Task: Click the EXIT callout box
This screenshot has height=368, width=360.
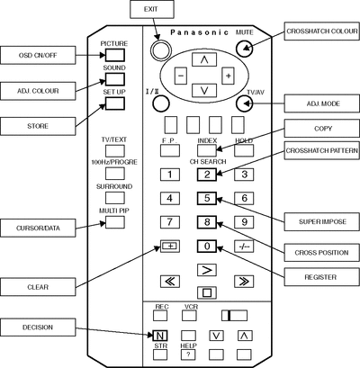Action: coord(152,9)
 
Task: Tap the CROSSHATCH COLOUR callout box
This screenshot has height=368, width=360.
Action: coord(321,31)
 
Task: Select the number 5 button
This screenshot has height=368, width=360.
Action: coord(207,198)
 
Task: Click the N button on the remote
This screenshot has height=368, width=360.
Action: coord(160,336)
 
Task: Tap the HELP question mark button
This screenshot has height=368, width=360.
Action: coord(188,355)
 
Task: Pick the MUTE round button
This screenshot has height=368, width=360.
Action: coord(245,48)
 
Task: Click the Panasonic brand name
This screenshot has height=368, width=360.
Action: coord(200,32)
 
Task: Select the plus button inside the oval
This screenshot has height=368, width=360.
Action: coord(228,76)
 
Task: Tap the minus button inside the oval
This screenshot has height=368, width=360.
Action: coord(181,76)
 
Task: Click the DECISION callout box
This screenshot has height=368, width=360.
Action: coord(38,328)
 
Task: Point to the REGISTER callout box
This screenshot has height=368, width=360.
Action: coord(321,277)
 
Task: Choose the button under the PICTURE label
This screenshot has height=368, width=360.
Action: coord(115,55)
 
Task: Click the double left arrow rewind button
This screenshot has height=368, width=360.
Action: coord(170,282)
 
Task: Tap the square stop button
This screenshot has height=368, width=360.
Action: coord(207,292)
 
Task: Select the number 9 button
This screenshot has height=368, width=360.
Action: coord(244,222)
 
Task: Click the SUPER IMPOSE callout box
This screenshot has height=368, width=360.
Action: coord(321,222)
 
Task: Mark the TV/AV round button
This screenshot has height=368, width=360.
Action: coord(245,103)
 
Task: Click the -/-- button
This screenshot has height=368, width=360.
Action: coord(244,247)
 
